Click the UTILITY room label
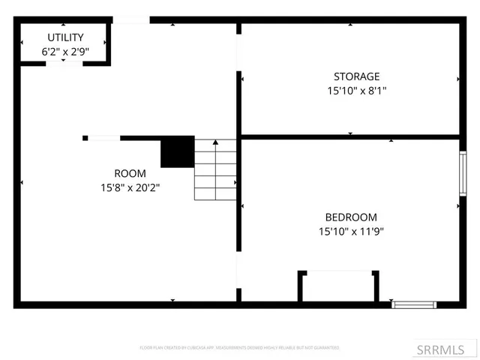pos(66,37)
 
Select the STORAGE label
pos(356,76)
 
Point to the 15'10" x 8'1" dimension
pos(356,91)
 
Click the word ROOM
pos(130,173)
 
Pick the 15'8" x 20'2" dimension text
pos(130,187)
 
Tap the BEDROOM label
pos(351,217)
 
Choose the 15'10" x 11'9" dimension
pos(351,232)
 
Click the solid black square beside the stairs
pos(178,151)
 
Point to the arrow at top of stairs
pos(216,142)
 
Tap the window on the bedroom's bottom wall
pos(414,304)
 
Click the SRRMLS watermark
pos(447,349)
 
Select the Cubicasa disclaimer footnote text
pos(239,348)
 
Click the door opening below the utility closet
pos(66,63)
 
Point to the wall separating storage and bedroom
pos(349,136)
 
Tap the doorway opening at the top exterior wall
pos(130,20)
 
